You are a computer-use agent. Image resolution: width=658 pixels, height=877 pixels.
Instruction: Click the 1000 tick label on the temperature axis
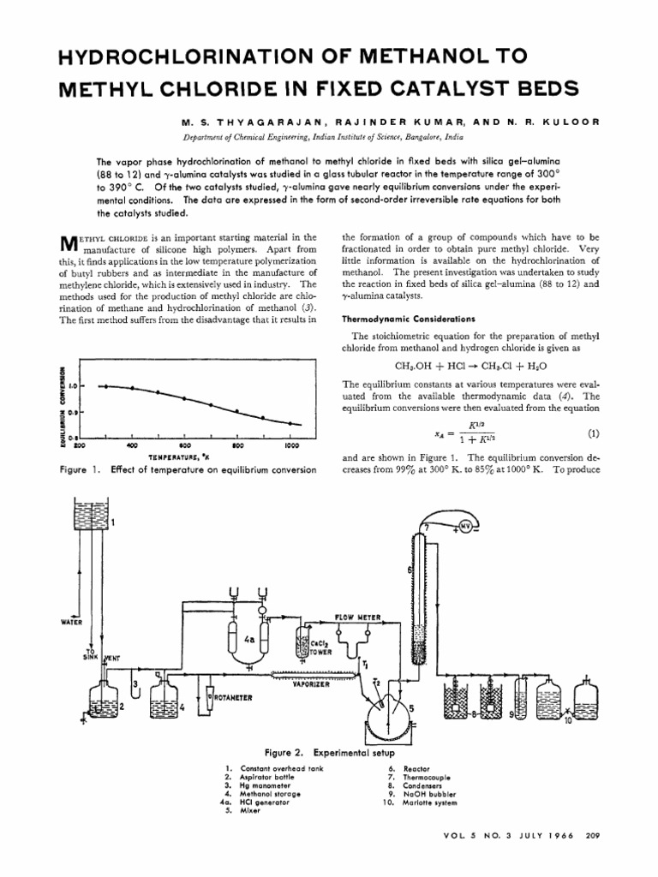pyautogui.click(x=291, y=446)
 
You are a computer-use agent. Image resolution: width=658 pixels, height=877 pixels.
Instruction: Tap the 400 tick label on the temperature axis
pyautogui.click(x=132, y=446)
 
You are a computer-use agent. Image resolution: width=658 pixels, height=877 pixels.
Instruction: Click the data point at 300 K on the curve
pyautogui.click(x=105, y=386)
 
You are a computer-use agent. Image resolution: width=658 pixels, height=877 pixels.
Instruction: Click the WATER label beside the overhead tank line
pyautogui.click(x=69, y=622)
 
